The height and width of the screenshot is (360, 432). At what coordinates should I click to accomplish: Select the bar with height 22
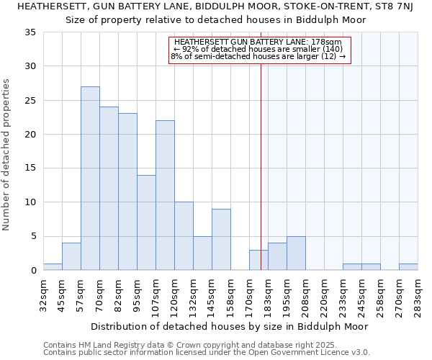(x=165, y=195)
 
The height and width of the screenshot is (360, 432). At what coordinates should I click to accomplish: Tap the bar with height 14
(x=146, y=222)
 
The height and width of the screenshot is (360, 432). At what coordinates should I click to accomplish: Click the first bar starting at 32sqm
(x=53, y=267)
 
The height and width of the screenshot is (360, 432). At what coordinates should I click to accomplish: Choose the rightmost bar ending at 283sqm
(x=408, y=267)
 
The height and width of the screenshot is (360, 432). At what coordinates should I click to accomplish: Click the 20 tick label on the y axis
(x=30, y=135)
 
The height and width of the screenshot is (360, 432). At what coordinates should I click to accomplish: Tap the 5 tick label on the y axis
(x=33, y=236)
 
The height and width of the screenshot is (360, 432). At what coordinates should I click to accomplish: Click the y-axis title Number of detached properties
(x=7, y=155)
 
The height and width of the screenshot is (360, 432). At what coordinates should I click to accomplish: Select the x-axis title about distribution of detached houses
(x=230, y=326)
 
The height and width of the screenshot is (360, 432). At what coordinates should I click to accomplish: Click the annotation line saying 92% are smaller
(x=259, y=49)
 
